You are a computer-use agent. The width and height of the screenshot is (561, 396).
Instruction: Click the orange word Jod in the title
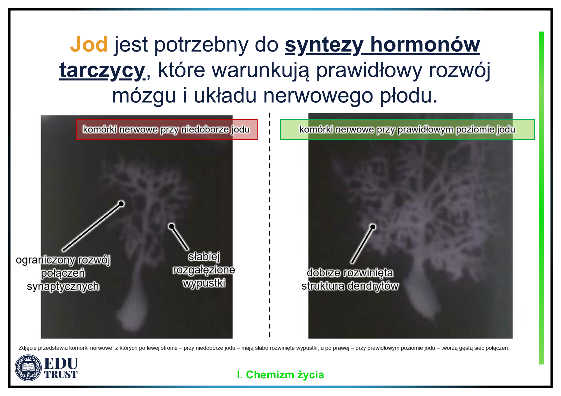89,44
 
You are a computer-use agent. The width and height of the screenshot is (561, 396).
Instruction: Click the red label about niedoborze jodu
166,129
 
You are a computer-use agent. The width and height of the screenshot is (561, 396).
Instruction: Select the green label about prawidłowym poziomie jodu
407,129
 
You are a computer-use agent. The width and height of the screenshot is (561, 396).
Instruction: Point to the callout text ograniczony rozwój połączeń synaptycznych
63,273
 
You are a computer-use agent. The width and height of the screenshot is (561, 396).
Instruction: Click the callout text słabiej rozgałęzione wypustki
204,270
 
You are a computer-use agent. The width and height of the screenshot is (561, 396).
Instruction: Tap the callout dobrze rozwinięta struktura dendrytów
350,279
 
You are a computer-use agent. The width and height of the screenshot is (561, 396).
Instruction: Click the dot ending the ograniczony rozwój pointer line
121,204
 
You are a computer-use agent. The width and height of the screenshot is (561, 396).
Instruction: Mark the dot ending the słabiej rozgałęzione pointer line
171,226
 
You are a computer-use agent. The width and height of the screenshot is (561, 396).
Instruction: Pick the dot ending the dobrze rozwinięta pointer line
373,227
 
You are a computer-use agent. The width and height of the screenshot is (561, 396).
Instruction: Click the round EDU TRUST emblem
28,368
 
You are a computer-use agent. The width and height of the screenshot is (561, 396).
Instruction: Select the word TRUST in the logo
61,374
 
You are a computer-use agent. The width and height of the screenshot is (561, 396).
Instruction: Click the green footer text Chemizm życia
285,375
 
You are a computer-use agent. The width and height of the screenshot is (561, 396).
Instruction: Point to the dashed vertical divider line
270,225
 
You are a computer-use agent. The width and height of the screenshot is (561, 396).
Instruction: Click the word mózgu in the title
144,96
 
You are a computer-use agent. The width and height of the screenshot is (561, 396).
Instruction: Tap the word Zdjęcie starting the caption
27,348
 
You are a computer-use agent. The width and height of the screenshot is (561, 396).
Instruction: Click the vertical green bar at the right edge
541,198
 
